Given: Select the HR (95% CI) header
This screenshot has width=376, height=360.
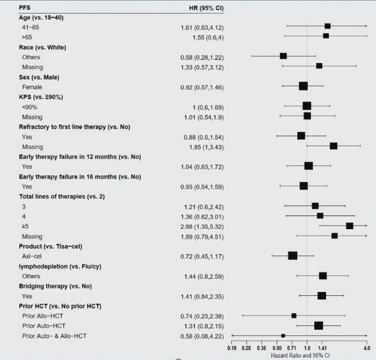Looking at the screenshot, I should point(202,8).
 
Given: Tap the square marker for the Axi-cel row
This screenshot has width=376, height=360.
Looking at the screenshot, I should point(293,255).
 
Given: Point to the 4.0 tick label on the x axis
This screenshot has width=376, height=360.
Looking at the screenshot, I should point(367,347).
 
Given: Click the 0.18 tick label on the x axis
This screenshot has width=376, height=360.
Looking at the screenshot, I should point(232,347).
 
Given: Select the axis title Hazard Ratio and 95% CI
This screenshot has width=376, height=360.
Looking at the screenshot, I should point(301,355).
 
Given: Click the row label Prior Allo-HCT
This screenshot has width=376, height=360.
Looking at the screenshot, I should point(42,316).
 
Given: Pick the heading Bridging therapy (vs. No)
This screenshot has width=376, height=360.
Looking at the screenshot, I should point(52,286).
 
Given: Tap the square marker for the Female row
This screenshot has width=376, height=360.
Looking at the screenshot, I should point(303,86).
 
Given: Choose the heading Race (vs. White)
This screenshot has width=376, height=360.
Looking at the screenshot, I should point(42,47).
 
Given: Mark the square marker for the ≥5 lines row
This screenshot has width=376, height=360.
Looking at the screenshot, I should point(350,226).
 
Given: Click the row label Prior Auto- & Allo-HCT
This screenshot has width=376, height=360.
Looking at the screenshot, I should point(54,336).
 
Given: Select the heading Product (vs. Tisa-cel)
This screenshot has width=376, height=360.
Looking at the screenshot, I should point(50,246).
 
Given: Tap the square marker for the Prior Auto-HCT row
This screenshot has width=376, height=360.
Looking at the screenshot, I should point(319,325).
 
